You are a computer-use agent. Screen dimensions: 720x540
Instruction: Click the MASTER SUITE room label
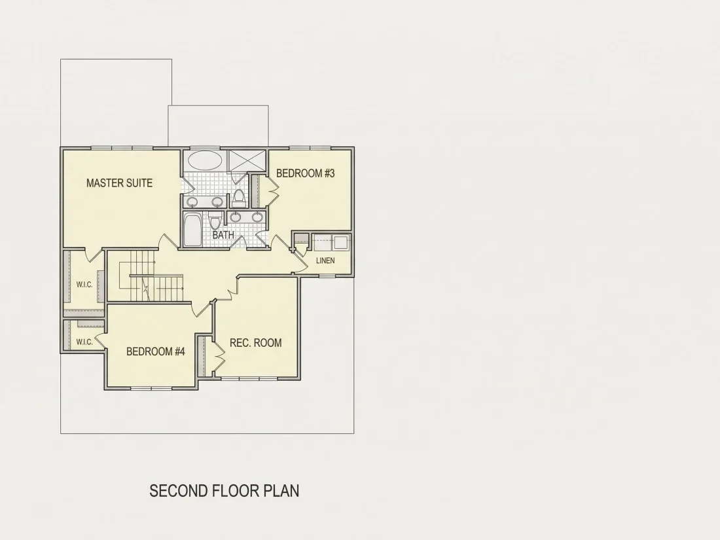[x=119, y=183]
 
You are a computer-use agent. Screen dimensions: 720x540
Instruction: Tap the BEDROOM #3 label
[x=306, y=173]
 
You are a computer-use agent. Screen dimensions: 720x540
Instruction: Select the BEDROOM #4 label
[x=156, y=351]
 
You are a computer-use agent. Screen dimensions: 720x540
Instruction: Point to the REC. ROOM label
[x=256, y=342]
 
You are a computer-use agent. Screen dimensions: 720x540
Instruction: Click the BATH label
[x=223, y=234]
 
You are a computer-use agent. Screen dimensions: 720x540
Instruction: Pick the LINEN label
[x=325, y=261]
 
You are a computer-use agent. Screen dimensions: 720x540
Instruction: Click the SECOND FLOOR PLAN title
[x=224, y=490]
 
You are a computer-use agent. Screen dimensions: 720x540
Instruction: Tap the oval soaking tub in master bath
[x=206, y=161]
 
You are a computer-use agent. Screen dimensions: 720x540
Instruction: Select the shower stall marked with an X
[x=247, y=160]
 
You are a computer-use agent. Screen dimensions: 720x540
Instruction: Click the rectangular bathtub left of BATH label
[x=192, y=230]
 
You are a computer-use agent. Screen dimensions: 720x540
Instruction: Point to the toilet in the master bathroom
[x=238, y=198]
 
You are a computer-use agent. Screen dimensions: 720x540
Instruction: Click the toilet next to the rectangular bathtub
[x=214, y=221]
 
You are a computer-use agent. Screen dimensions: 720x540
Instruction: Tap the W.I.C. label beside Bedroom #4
[x=84, y=342]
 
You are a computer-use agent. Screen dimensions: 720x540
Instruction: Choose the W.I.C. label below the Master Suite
[x=84, y=284]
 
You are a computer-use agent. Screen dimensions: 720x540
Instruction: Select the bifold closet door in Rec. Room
[x=219, y=355]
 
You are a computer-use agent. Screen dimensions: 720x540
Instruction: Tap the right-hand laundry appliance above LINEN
[x=341, y=242]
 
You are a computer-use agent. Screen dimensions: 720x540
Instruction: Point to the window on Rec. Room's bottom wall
[x=249, y=379]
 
